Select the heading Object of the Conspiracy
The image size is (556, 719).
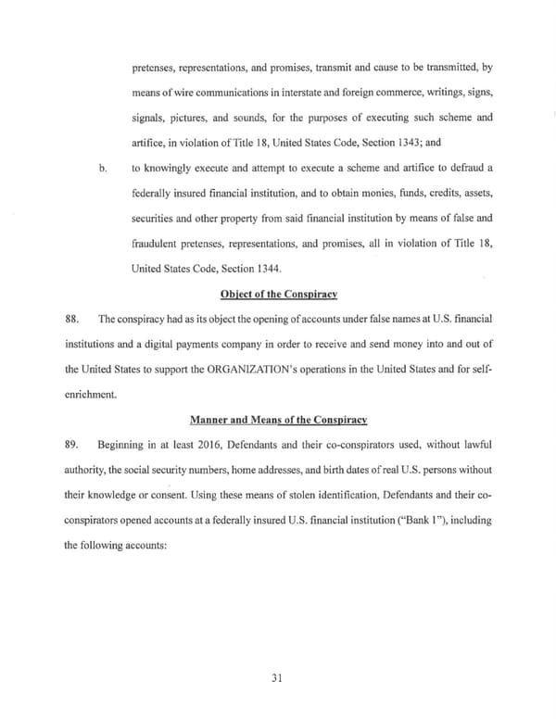[278, 294]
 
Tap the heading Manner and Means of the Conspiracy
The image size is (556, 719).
[278, 419]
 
